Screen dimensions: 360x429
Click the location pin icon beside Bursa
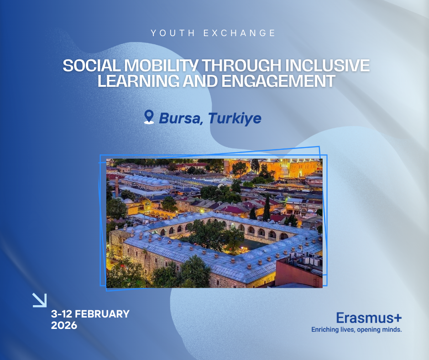[149, 117]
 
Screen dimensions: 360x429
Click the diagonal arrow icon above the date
[40, 300]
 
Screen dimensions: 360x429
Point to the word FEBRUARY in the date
[101, 314]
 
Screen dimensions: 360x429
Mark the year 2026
[64, 326]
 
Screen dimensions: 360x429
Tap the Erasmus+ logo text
[369, 318]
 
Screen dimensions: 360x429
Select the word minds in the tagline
[391, 329]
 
